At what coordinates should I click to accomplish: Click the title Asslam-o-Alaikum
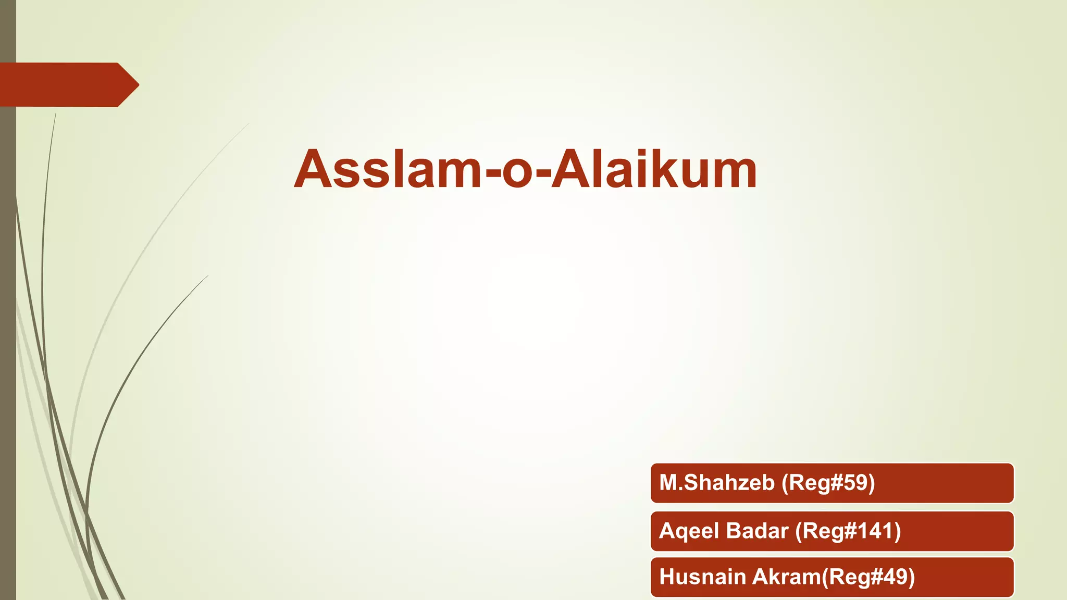[525, 169]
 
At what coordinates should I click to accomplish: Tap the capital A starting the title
[313, 169]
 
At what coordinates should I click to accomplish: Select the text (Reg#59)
[828, 483]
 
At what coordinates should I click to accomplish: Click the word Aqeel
[689, 531]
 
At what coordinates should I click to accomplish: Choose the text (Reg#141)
[848, 531]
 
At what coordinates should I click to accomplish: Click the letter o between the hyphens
[518, 173]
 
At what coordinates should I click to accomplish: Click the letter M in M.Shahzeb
[668, 483]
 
